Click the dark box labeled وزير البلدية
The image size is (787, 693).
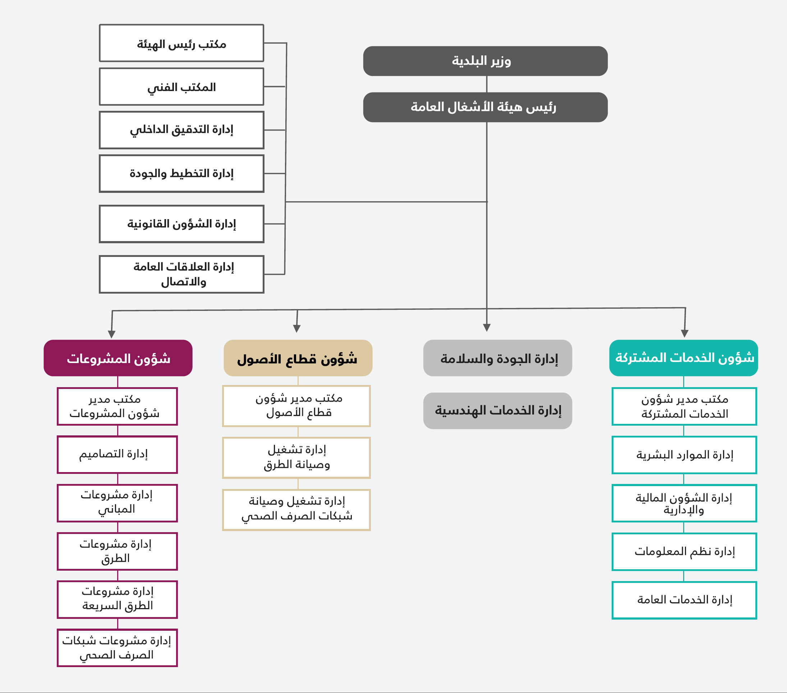(485, 61)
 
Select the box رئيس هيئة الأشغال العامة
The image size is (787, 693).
(485, 107)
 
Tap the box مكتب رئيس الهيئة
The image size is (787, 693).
(181, 43)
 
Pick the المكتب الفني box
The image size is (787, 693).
(181, 87)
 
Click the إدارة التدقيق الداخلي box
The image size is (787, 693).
(181, 130)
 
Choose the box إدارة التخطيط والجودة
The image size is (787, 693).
(181, 174)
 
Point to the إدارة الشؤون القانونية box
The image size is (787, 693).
(181, 224)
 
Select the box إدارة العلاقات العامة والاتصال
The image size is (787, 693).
(181, 275)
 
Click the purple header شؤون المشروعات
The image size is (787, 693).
(118, 358)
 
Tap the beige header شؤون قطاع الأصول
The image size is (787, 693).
(298, 358)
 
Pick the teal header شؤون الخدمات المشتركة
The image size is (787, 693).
(684, 358)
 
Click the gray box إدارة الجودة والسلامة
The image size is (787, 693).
(497, 358)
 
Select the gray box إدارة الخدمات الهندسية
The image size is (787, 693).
(497, 411)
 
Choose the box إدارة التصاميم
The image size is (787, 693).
(117, 455)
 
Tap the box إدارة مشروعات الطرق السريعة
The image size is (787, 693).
(117, 600)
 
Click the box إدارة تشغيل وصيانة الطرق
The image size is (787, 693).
(296, 458)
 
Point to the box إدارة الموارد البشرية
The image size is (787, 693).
(684, 455)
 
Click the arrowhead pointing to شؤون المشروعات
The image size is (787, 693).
(112, 334)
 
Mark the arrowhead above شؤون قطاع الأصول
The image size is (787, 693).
(296, 329)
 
